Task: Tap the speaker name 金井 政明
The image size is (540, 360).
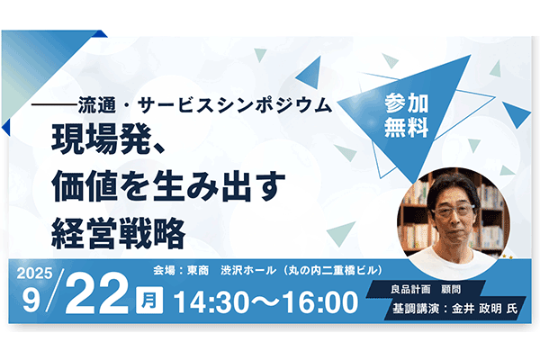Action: [474, 308]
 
